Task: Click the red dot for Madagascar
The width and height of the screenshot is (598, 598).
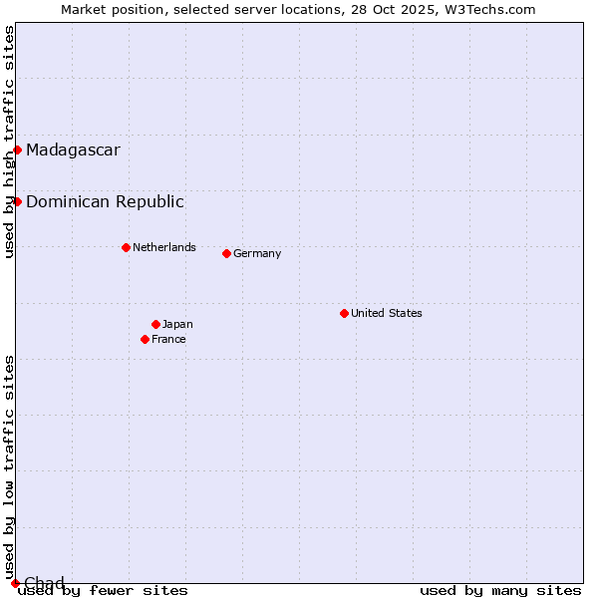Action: coord(17,149)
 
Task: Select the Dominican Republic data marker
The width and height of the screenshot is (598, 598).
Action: coord(17,201)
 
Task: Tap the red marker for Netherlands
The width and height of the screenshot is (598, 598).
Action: coord(126,247)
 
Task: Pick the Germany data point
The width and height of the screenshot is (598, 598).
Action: coord(226,253)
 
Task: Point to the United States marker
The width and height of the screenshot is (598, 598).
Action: coord(344,313)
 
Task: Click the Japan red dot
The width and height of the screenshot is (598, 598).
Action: coord(155,324)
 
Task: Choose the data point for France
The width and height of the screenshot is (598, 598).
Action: coord(145,339)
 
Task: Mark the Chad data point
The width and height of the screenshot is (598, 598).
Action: coord(15,583)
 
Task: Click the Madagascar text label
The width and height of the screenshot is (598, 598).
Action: coord(73,150)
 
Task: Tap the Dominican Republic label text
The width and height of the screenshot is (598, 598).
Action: coord(105,202)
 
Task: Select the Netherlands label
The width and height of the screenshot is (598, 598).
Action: coord(163,247)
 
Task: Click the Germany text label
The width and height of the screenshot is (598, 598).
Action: coord(257,253)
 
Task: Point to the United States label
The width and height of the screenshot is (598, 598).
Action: coord(386,313)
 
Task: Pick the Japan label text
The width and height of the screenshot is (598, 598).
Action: coord(177,324)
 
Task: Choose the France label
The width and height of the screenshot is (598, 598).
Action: coord(168,339)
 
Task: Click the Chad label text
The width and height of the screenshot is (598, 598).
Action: coord(44,583)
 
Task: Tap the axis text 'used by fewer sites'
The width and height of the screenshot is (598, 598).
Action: coord(104,591)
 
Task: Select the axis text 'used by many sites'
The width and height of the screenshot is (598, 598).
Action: coord(500,591)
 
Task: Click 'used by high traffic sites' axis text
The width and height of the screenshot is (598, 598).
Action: coord(9,142)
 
